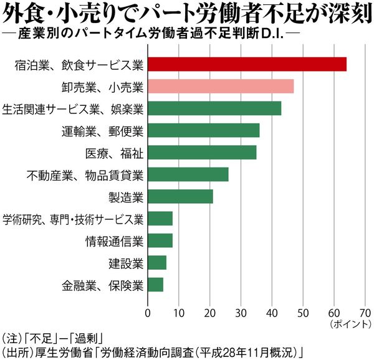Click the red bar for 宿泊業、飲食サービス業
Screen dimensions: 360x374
[247, 64]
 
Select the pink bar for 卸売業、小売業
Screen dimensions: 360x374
[221, 87]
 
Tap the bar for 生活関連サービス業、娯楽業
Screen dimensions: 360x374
[214, 108]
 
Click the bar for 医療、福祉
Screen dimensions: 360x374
[202, 153]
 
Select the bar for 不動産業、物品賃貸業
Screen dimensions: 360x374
[188, 174]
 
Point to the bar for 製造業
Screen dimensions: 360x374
[180, 197]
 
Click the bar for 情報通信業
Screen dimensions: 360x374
[160, 241]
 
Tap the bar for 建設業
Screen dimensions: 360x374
[157, 263]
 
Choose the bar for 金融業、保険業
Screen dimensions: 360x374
[156, 285]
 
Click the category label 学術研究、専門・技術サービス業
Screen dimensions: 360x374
[74, 219]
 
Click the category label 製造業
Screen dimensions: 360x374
[127, 197]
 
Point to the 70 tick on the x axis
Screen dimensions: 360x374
[365, 312]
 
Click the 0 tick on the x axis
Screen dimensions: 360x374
[148, 312]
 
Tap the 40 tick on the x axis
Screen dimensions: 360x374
[272, 312]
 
